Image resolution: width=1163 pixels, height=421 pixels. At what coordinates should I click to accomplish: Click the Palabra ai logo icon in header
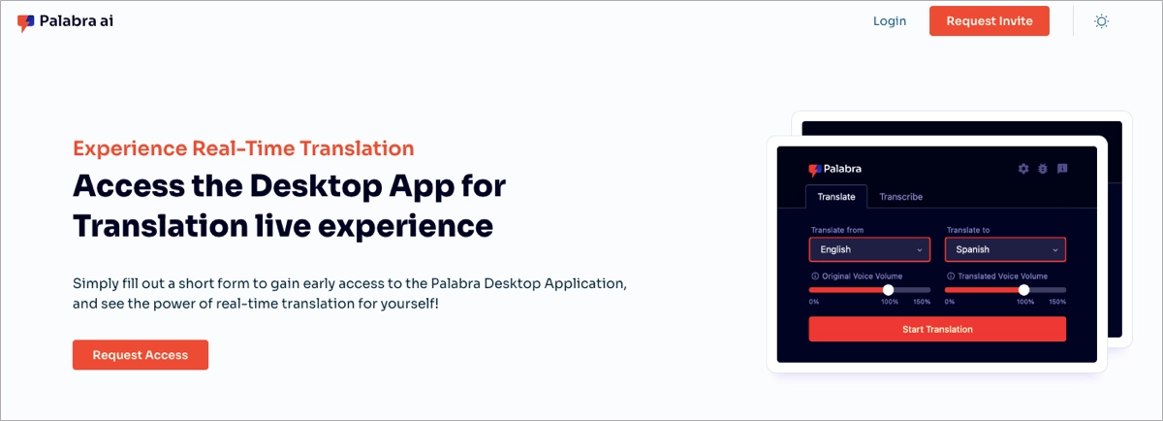25,23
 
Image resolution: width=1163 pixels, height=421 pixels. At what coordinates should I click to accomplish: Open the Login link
889,21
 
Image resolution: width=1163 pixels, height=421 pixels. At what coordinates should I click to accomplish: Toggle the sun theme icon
1101,21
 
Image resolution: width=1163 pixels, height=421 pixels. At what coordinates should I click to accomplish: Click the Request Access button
141,355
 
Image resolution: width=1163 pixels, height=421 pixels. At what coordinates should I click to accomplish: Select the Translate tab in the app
836,197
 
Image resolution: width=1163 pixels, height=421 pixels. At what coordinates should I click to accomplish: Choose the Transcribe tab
900,197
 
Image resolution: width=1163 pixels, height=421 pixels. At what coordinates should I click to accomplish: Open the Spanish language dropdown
1005,250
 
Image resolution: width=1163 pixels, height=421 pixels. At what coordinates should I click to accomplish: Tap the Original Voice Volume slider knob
888,290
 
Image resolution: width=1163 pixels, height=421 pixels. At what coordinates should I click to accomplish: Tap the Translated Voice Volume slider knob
1023,290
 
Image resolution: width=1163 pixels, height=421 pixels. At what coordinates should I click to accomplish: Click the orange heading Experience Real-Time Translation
243,148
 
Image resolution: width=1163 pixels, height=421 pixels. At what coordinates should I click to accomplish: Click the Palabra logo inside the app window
834,169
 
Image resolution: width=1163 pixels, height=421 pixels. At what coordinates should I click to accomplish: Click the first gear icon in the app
1023,169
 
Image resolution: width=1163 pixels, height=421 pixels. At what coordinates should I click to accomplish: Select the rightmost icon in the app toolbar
1062,169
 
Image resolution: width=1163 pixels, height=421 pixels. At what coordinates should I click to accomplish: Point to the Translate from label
836,230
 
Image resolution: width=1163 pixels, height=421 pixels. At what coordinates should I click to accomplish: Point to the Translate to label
968,230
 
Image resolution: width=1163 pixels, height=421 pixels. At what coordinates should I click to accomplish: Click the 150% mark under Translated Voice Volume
1057,302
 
